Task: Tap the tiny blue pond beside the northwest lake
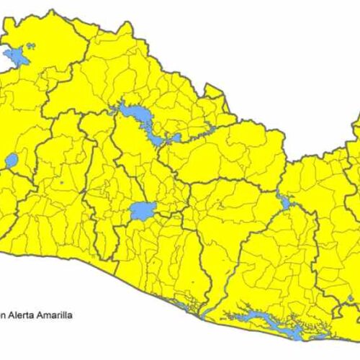pyautogui.click(x=31, y=45)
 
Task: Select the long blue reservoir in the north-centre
pyautogui.click(x=137, y=115)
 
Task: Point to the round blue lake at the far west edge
pyautogui.click(x=11, y=160)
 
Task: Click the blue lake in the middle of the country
pyautogui.click(x=142, y=211)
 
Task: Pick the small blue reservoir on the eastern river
pyautogui.click(x=286, y=203)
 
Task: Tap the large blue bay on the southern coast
pyautogui.click(x=266, y=321)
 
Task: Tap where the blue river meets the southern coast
pyautogui.click(x=204, y=315)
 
